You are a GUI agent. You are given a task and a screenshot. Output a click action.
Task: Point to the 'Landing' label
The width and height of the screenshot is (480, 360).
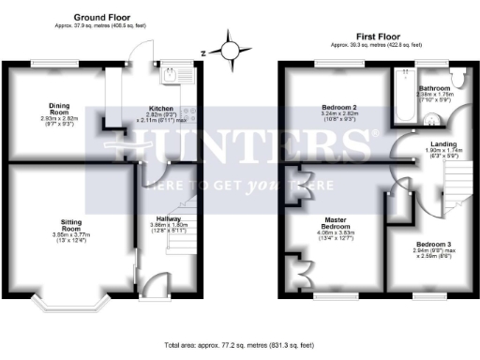click(x=431, y=142)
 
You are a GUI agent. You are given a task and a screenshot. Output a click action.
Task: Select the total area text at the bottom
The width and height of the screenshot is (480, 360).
click(x=239, y=346)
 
